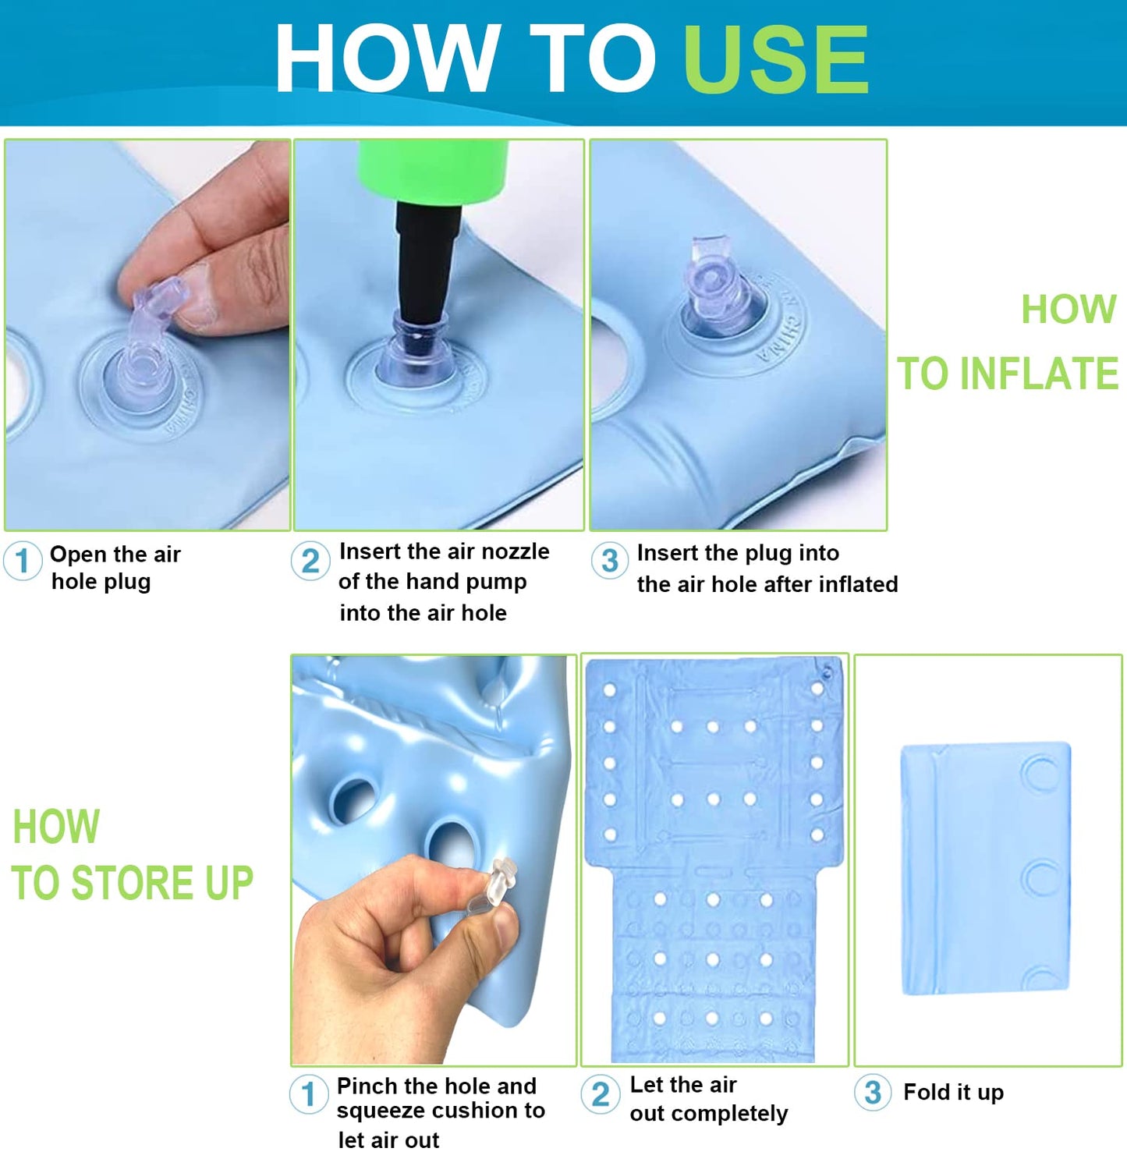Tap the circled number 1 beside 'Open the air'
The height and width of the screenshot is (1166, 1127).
(23, 561)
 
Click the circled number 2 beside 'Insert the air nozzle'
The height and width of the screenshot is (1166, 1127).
(310, 562)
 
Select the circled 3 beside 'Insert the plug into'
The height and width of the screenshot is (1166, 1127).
(609, 561)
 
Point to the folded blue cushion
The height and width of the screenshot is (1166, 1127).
(986, 868)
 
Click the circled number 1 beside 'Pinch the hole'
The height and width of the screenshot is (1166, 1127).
(309, 1093)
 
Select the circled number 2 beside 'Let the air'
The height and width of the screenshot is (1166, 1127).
(601, 1093)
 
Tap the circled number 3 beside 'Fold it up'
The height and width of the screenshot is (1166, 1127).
(873, 1092)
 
